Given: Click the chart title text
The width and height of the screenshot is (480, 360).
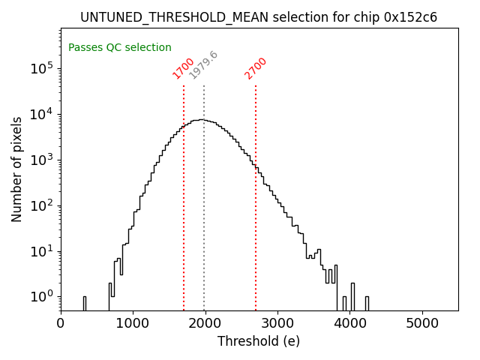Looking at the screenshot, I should click(x=259, y=17).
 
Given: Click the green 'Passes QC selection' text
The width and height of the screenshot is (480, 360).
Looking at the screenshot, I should click(x=120, y=47).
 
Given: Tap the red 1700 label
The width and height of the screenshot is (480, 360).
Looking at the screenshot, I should click(x=183, y=68).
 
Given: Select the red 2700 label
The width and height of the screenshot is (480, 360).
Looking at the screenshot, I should click(x=256, y=68).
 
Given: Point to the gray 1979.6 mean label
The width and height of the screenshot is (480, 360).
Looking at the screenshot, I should click(x=203, y=65).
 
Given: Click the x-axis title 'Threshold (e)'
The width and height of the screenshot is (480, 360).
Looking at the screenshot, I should click(x=259, y=341).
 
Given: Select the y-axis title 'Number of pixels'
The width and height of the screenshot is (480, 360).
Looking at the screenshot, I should click(x=17, y=169).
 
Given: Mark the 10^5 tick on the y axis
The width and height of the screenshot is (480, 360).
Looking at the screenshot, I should click(x=41, y=68).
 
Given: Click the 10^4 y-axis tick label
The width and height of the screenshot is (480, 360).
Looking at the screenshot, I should click(x=41, y=114).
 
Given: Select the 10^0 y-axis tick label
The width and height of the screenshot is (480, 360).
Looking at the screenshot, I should click(x=41, y=297).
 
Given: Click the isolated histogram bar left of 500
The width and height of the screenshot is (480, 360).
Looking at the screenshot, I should click(x=85, y=303).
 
